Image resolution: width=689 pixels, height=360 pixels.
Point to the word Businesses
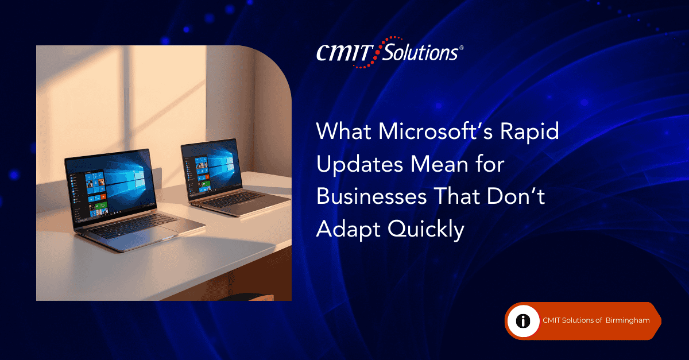click(371, 196)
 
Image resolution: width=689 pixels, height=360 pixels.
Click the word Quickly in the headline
click(426, 230)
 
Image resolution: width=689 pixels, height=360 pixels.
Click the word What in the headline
click(344, 131)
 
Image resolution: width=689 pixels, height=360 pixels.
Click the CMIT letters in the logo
click(344, 53)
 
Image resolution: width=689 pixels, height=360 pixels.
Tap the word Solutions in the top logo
click(420, 52)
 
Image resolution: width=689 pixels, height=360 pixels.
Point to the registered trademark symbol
click(461, 48)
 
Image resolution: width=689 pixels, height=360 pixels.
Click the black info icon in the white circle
click(523, 321)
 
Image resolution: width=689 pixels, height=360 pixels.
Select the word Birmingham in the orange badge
click(628, 320)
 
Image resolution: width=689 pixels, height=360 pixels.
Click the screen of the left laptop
click(111, 185)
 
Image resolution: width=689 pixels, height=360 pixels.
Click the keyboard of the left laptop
click(133, 226)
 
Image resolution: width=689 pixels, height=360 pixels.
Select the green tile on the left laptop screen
click(101, 205)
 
